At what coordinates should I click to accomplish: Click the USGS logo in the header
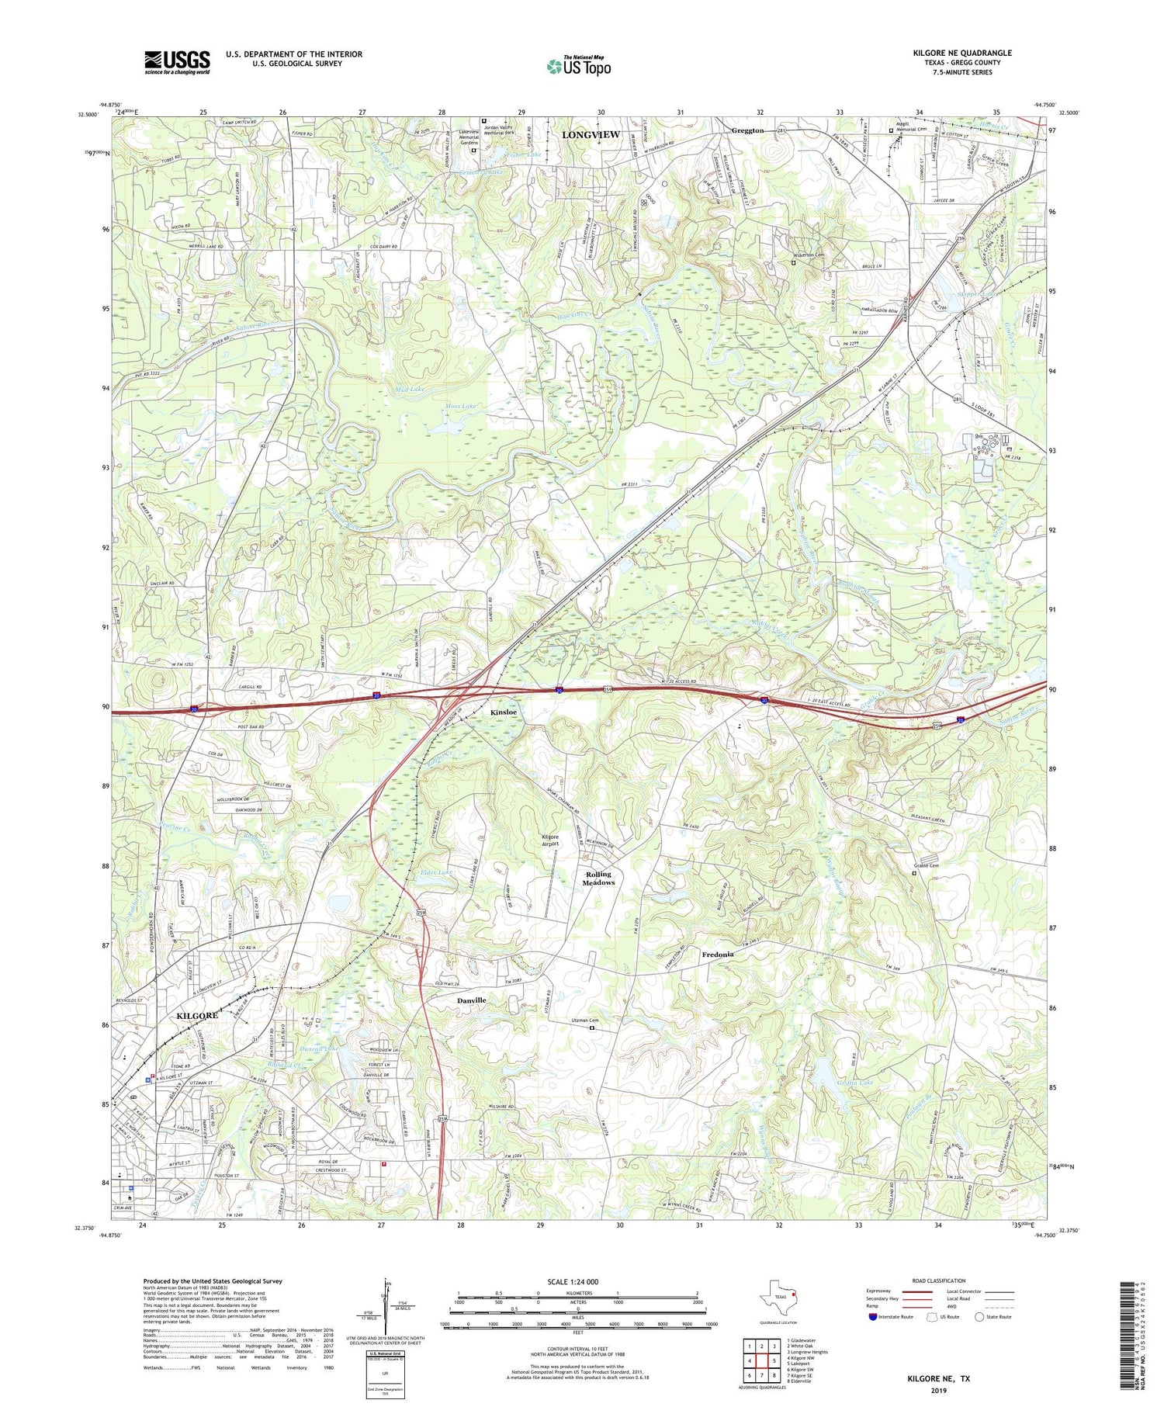(177, 62)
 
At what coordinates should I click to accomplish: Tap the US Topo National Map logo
(579, 66)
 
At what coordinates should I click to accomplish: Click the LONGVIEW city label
(591, 135)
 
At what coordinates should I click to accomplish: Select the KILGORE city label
(196, 1015)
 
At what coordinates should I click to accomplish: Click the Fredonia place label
(718, 955)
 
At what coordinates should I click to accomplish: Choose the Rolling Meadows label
(599, 879)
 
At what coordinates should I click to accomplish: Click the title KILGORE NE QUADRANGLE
(962, 53)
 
